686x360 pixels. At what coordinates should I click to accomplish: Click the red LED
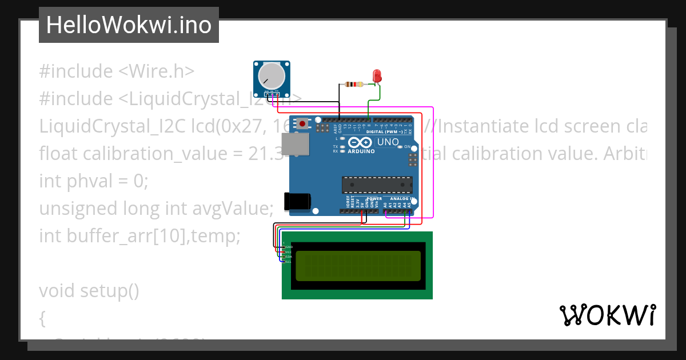pyautogui.click(x=377, y=75)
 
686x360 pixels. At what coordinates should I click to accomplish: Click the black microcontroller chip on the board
pyautogui.click(x=377, y=185)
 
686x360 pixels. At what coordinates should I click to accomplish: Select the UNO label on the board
pyautogui.click(x=388, y=141)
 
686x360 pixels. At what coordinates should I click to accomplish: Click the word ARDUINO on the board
pyautogui.click(x=361, y=151)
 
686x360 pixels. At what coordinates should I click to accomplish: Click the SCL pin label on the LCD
pyautogui.click(x=289, y=261)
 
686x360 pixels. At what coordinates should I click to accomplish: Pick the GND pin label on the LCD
pyautogui.click(x=289, y=247)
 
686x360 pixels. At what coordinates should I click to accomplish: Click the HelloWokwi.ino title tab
pyautogui.click(x=129, y=25)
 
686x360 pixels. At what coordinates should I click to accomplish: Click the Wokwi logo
pyautogui.click(x=607, y=315)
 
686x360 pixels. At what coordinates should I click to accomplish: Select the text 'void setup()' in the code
pyautogui.click(x=89, y=291)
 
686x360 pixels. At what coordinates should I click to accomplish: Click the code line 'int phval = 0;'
pyautogui.click(x=94, y=181)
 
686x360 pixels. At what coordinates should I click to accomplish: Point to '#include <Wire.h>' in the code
pyautogui.click(x=117, y=71)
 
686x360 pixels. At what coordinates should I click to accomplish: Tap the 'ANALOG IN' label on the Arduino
pyautogui.click(x=401, y=199)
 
